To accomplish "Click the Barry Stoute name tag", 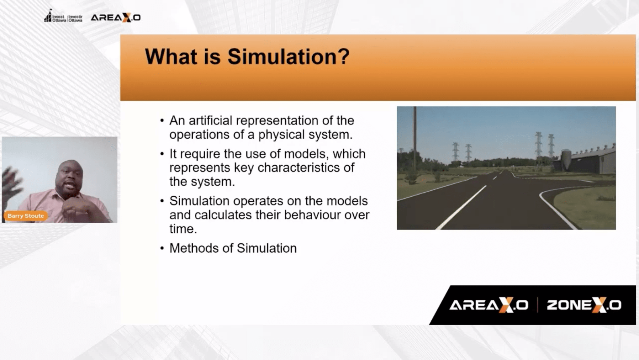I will point(26,216).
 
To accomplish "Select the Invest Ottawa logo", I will point(63,17).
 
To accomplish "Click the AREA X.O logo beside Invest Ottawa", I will point(116,18).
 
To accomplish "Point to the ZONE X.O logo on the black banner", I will point(584,305).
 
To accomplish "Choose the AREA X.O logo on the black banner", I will point(488,305).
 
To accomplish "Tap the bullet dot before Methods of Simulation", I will point(162,248).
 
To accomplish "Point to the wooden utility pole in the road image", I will point(415,138).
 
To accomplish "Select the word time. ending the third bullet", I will point(183,229).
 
